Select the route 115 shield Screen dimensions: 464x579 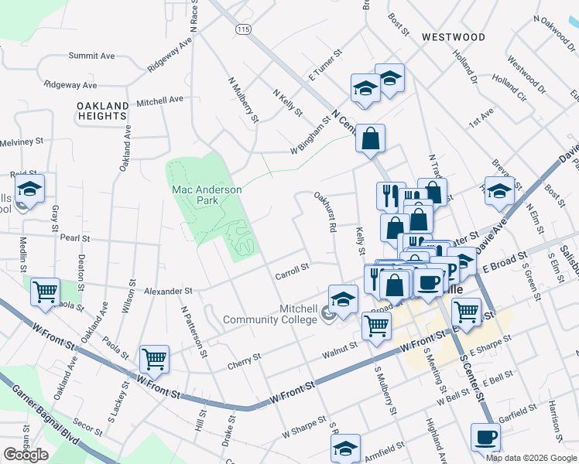pyautogui.click(x=244, y=29)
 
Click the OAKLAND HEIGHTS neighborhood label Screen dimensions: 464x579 pyautogui.click(x=103, y=111)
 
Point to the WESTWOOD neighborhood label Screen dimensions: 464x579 pyautogui.click(x=454, y=37)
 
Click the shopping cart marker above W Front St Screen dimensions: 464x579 pyautogui.click(x=154, y=359)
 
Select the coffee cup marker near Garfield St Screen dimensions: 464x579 pyautogui.click(x=485, y=438)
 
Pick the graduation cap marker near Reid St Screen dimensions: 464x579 pyautogui.click(x=29, y=189)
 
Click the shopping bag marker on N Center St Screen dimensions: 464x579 pyautogui.click(x=371, y=139)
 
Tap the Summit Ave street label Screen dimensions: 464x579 pyautogui.click(x=91, y=56)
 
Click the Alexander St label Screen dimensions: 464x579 pyautogui.click(x=168, y=292)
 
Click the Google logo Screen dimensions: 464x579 pyautogui.click(x=26, y=455)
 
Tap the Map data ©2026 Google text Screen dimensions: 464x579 pyautogui.click(x=530, y=458)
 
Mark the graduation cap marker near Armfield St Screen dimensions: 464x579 pyautogui.click(x=345, y=448)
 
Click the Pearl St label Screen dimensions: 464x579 pyautogui.click(x=76, y=239)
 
